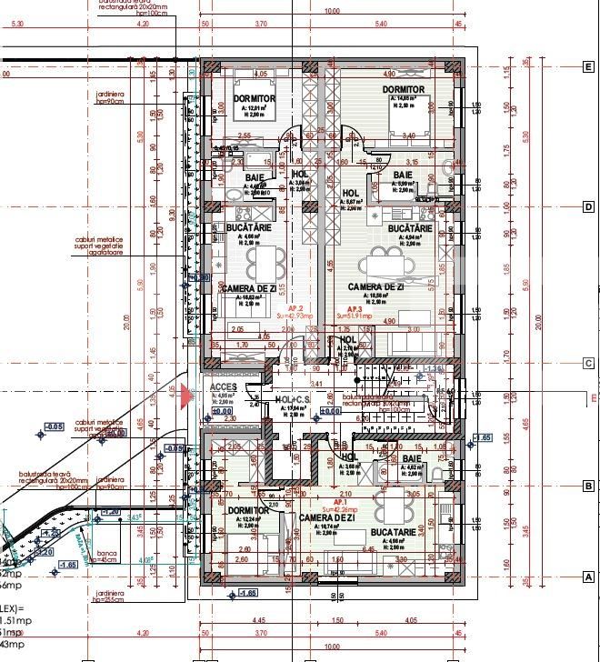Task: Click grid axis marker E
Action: point(588,66)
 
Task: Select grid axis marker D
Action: point(588,207)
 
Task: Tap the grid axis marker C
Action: point(588,364)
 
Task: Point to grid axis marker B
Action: point(588,486)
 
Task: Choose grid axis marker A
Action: point(588,577)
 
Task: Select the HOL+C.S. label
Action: point(293,400)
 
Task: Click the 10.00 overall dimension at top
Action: point(332,13)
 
